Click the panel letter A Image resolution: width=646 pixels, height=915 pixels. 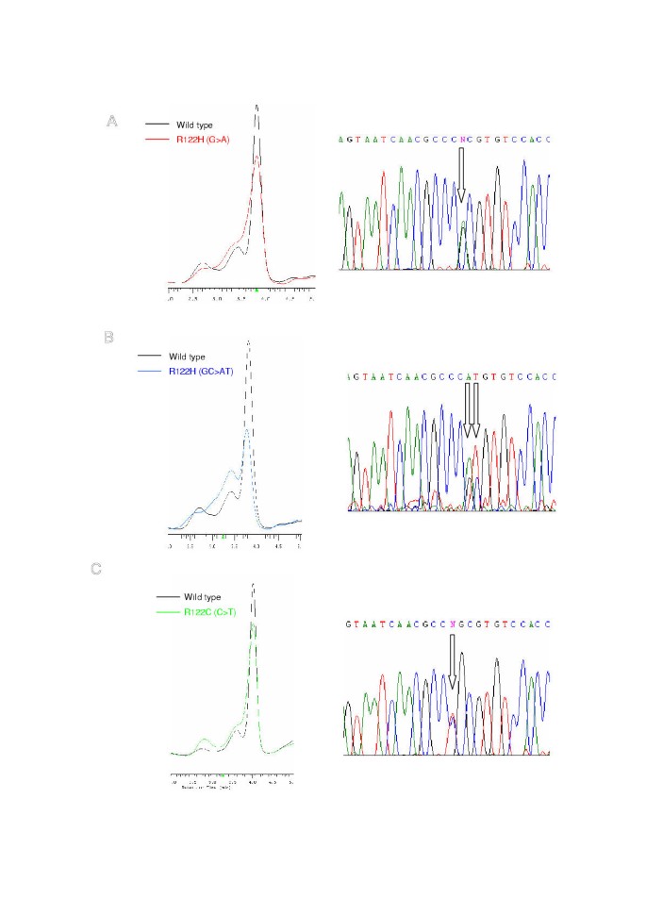pos(111,121)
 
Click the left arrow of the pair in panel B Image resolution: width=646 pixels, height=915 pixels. pos(467,412)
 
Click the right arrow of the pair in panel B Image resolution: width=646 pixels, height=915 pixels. pos(477,412)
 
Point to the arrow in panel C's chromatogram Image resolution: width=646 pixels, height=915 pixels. pos(453,659)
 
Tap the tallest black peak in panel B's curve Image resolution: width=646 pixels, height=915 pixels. pos(248,342)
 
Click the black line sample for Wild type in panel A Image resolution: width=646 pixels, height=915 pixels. pos(157,124)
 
